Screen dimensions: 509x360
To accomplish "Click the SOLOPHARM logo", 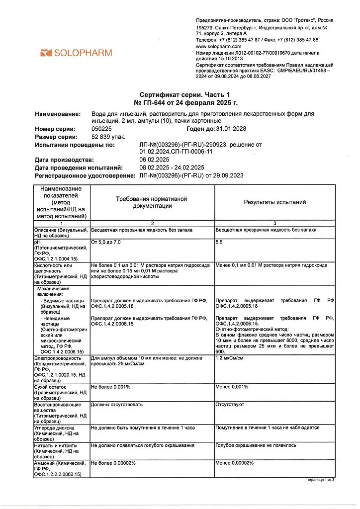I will coord(76,53).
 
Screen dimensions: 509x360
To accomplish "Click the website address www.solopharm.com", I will coord(218,46).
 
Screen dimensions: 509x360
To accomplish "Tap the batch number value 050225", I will coord(102,129).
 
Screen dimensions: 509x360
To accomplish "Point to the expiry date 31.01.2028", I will coord(231,129).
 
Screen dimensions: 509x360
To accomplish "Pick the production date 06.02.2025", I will coord(155,160).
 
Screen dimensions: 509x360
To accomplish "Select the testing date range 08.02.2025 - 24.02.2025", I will coord(172,168).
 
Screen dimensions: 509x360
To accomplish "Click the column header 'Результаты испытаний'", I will coord(274,202).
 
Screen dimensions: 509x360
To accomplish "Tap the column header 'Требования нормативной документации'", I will coord(151,202).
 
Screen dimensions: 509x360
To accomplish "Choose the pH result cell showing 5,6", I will coord(219,242).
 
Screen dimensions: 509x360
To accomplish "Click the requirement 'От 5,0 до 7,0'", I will coord(106,242).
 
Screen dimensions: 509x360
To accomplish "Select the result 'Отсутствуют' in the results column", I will coord(230,405).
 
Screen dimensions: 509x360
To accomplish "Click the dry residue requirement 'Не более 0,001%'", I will coord(110,387).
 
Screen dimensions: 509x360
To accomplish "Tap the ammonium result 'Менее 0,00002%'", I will coord(234,463).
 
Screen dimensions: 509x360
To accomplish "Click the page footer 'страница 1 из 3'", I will coord(319,480).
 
